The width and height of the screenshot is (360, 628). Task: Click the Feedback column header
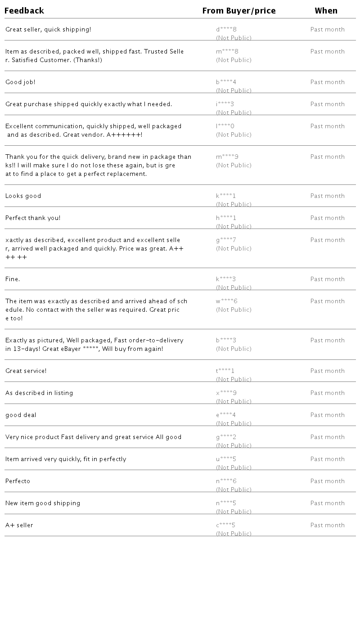coord(24,11)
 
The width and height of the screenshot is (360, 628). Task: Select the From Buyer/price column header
coord(239,11)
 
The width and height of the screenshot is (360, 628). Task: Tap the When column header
coord(326,11)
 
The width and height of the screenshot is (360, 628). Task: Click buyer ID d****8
coord(226,30)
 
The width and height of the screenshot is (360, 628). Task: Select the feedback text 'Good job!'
coord(20,82)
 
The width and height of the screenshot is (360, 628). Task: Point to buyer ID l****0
coord(225,126)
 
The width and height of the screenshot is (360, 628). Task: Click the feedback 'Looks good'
coord(23,196)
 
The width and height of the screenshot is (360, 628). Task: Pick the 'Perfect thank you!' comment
coord(33,218)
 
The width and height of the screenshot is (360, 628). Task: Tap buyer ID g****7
coord(226,240)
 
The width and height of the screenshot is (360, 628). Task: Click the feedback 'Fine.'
coord(13,279)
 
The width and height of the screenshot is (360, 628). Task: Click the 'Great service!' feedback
coord(26,371)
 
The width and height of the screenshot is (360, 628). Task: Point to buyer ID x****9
coord(226,393)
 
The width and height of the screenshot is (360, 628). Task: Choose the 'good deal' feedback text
coord(21,415)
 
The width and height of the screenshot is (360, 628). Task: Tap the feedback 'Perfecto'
coord(18,481)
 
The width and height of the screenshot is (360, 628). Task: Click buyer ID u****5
coord(226,459)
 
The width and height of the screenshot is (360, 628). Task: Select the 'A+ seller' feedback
coord(19,525)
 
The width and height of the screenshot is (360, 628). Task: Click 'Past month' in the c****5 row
coord(328,525)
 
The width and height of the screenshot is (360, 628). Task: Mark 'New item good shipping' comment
coord(43,503)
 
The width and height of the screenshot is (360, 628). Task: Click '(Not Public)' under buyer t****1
coord(234,379)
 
